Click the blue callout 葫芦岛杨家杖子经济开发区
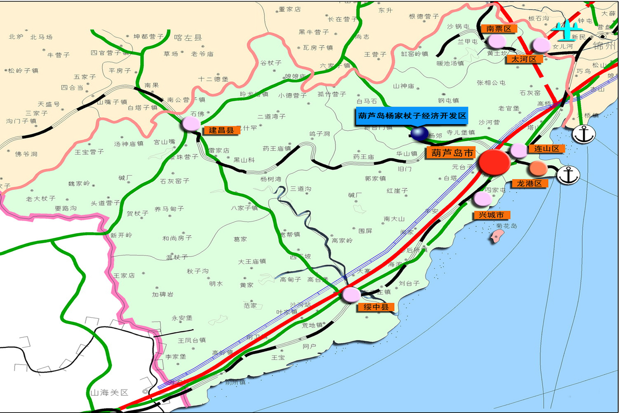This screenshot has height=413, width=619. coord(412,116)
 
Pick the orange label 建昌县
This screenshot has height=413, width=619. coord(221,130)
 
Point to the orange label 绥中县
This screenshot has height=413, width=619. coord(376,307)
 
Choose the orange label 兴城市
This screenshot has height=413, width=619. coord(491,215)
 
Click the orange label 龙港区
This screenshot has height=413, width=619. coord(529,183)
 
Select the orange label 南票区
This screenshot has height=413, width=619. coord(499,28)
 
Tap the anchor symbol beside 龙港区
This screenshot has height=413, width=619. coord(568,175)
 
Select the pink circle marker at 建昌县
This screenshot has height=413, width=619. coord(191,123)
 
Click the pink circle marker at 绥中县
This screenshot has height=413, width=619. coord(351,295)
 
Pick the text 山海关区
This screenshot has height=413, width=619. coord(109,393)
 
